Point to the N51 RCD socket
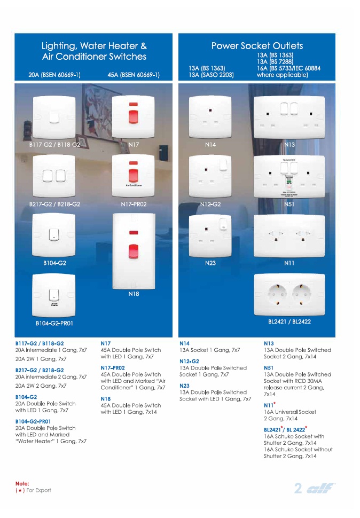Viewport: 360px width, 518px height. coord(289,177)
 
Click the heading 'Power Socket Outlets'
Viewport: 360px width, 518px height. coord(257,46)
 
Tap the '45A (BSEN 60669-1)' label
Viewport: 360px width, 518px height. coord(134,75)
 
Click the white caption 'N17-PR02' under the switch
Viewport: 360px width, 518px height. coord(134,204)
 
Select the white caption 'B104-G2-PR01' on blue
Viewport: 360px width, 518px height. coord(54,323)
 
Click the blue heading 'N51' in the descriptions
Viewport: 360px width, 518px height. coord(268,368)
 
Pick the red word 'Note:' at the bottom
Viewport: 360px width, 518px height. coord(22,483)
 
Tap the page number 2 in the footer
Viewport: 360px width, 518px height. coord(299,488)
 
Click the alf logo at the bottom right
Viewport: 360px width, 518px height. coord(320,488)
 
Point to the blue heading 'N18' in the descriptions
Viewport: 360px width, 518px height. coord(105,399)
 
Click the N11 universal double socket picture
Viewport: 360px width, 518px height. coord(289,235)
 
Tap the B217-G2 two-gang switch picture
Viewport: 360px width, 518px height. coord(54,177)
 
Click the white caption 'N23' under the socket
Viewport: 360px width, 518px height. coord(210,263)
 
